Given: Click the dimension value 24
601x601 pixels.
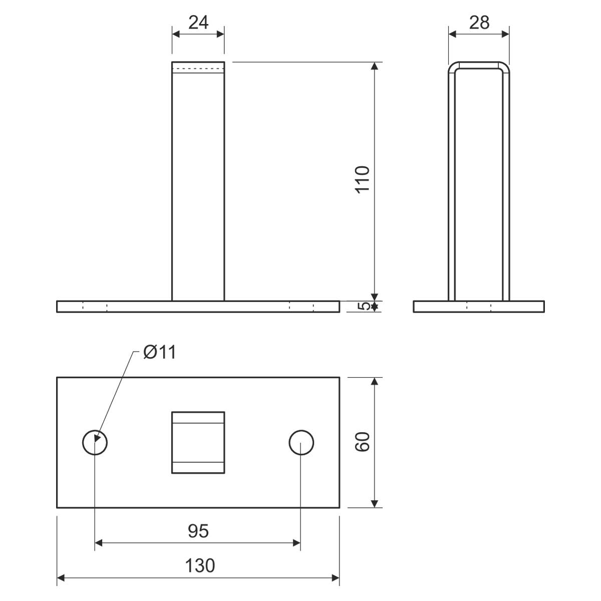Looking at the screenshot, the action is (x=198, y=23).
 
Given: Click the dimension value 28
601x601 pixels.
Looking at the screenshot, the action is (x=479, y=23).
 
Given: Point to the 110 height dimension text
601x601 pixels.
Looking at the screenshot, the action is (x=363, y=180).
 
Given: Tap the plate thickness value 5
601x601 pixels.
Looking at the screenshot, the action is (x=363, y=307).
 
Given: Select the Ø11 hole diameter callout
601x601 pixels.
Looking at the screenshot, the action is (x=160, y=353).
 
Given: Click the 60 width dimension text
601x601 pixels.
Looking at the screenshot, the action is (x=363, y=442).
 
